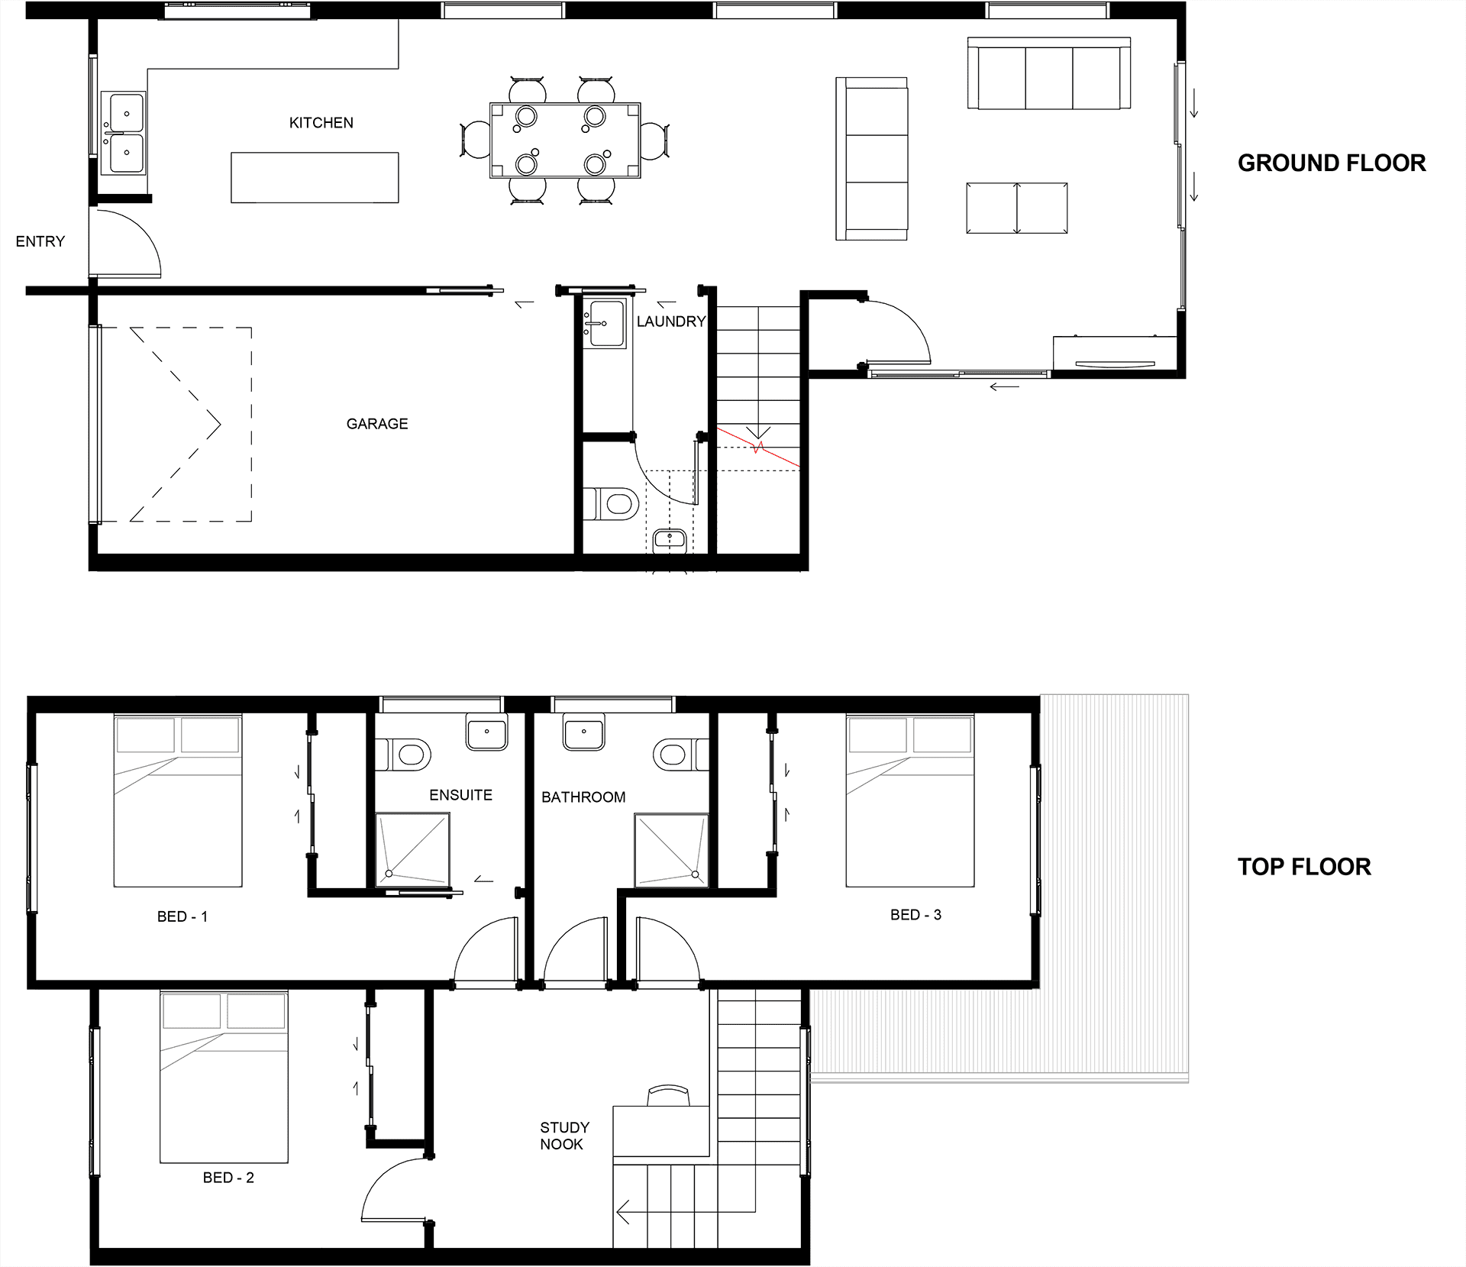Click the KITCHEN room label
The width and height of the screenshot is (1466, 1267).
tap(321, 123)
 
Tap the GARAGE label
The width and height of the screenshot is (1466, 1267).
tap(377, 424)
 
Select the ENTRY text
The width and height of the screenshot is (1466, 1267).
tap(40, 241)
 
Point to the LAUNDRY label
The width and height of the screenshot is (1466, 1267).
tap(671, 322)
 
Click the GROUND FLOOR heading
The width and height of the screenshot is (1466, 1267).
tap(1332, 163)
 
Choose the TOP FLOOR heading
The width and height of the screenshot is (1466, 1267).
tap(1304, 867)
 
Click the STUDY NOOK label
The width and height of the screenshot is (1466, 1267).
tap(564, 1136)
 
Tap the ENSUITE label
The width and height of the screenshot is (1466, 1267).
tap(460, 795)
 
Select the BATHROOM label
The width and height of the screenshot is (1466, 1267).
tap(583, 797)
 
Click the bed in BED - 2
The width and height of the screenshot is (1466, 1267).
tap(224, 1077)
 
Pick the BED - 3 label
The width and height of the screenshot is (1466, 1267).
tap(915, 915)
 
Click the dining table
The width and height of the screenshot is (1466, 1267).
tap(565, 141)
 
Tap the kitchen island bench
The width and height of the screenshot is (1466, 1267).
tap(315, 178)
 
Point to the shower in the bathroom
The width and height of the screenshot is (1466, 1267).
tap(671, 850)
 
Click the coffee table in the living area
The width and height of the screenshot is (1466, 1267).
tap(1017, 208)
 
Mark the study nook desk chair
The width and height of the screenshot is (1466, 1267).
tap(668, 1095)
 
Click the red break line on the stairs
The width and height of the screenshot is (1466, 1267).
tap(758, 448)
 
